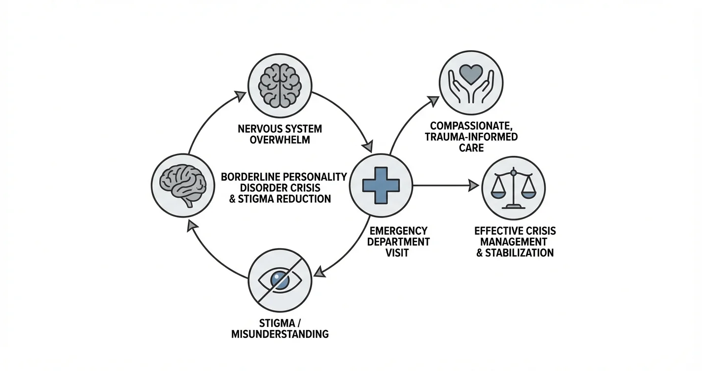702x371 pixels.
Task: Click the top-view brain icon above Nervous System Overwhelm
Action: (x=280, y=84)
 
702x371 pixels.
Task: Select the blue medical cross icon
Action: (x=381, y=185)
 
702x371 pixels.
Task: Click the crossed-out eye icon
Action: (x=280, y=280)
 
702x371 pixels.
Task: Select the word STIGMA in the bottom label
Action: (x=273, y=324)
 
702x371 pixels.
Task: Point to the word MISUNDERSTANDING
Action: (x=280, y=334)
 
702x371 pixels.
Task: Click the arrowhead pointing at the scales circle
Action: (x=473, y=185)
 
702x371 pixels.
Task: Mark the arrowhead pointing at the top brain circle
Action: (x=240, y=96)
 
